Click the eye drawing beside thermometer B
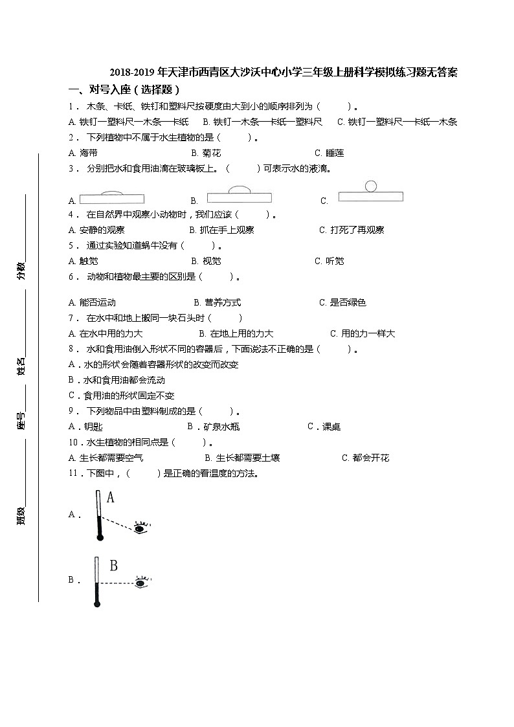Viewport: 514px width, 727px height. pyautogui.click(x=140, y=583)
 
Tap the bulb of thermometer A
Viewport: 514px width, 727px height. pyautogui.click(x=99, y=537)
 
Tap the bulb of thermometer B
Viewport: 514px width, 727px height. pyautogui.click(x=97, y=604)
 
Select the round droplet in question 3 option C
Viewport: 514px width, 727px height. pyautogui.click(x=371, y=186)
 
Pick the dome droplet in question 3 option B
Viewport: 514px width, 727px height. pyautogui.click(x=239, y=189)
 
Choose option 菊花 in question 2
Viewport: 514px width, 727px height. pyautogui.click(x=211, y=153)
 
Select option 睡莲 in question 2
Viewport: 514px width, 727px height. pyautogui.click(x=334, y=153)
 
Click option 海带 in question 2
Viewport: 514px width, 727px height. pyautogui.click(x=88, y=153)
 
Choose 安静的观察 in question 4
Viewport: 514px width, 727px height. pyautogui.click(x=102, y=230)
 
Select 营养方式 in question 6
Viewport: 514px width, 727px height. pyautogui.click(x=222, y=302)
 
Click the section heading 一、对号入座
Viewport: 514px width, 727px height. pyautogui.click(x=123, y=90)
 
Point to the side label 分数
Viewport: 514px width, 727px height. pyautogui.click(x=21, y=271)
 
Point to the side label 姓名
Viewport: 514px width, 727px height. pyautogui.click(x=21, y=366)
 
